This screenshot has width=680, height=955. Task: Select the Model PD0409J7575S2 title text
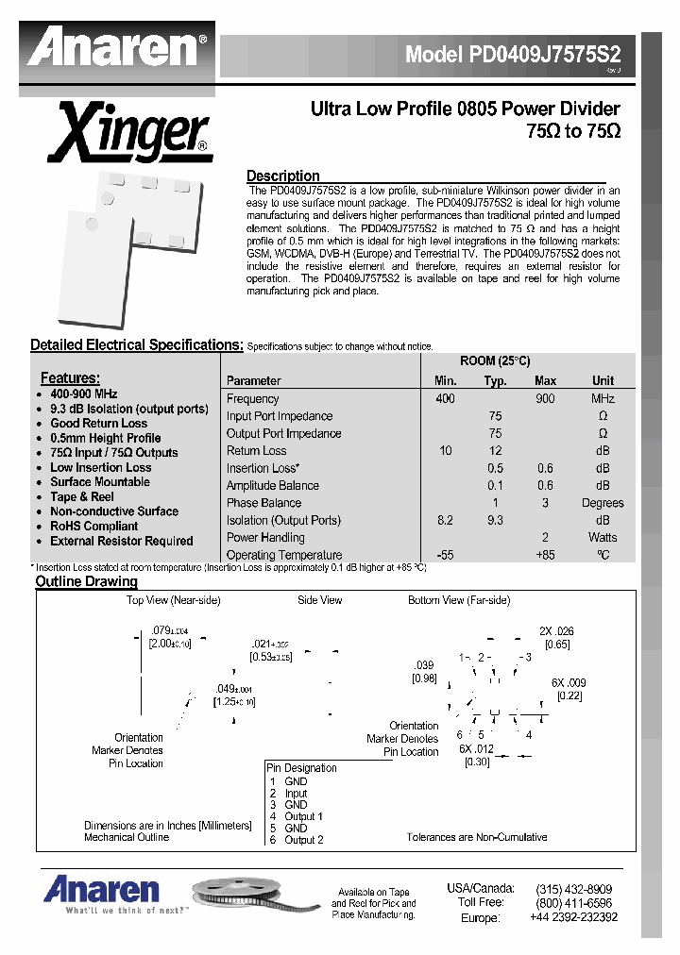point(519,54)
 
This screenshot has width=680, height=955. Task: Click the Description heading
point(282,176)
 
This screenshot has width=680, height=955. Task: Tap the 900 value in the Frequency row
point(545,399)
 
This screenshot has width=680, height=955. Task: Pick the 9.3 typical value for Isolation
point(495,520)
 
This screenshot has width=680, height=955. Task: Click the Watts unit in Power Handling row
point(602,538)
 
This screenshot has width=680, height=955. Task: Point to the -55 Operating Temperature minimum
point(445,555)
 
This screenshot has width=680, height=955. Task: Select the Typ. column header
point(495,381)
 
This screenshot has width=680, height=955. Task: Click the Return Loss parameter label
point(256,451)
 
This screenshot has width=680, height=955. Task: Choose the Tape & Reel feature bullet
point(82,496)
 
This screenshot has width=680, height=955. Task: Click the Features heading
point(70,377)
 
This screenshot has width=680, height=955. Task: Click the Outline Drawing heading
point(86,581)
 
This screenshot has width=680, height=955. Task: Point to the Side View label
point(319,600)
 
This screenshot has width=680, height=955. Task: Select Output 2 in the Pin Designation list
point(303,840)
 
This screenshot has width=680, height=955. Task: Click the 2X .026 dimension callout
point(556,631)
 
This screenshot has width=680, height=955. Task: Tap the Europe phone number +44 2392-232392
point(573,916)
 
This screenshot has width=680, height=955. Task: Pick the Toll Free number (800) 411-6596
point(573,902)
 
